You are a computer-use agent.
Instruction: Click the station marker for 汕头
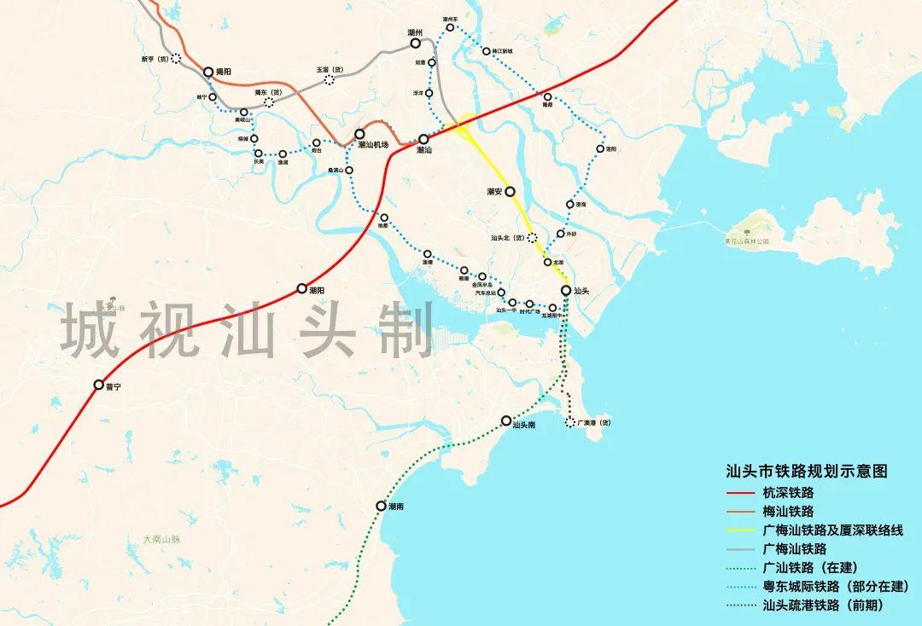(x=566, y=291)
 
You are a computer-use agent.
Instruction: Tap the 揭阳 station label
(x=224, y=72)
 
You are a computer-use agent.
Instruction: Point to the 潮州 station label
(x=416, y=32)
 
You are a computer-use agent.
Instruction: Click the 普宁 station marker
(x=99, y=385)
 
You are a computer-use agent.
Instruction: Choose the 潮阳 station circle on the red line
(x=301, y=289)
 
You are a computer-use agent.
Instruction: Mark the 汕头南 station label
(x=523, y=424)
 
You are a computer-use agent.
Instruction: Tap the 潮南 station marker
(x=381, y=506)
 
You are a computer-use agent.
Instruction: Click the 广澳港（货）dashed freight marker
(x=570, y=422)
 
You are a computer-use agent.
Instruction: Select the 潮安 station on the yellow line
(x=511, y=192)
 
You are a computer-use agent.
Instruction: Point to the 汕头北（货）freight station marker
(x=532, y=239)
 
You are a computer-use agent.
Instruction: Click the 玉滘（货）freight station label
(x=329, y=70)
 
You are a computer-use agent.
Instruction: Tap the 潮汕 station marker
(x=423, y=138)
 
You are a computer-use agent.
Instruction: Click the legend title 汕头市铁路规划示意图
(x=807, y=471)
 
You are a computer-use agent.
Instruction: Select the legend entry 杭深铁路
(x=790, y=493)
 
